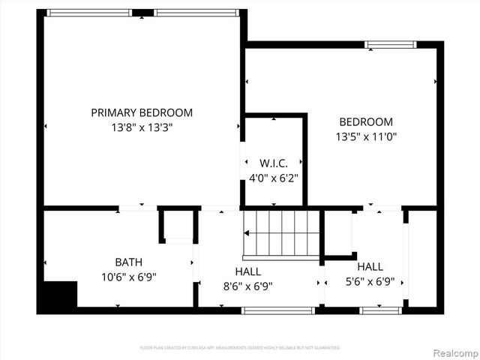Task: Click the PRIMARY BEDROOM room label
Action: coord(142,112)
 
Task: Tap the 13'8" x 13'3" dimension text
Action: coord(142,127)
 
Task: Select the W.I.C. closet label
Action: coord(274,163)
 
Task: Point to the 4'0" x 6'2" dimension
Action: coord(274,178)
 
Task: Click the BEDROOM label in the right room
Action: coord(366,122)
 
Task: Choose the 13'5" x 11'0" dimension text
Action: coord(366,137)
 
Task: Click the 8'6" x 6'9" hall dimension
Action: coord(248,286)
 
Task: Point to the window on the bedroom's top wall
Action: coord(390,45)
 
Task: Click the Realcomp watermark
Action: coord(452,352)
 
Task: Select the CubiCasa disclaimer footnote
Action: coord(240,348)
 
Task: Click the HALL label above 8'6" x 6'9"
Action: coord(248,271)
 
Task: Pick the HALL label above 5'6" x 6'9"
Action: coord(370,267)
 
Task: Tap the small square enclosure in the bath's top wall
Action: coord(179,225)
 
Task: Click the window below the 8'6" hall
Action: coord(277,310)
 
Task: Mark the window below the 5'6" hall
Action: coord(381,310)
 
